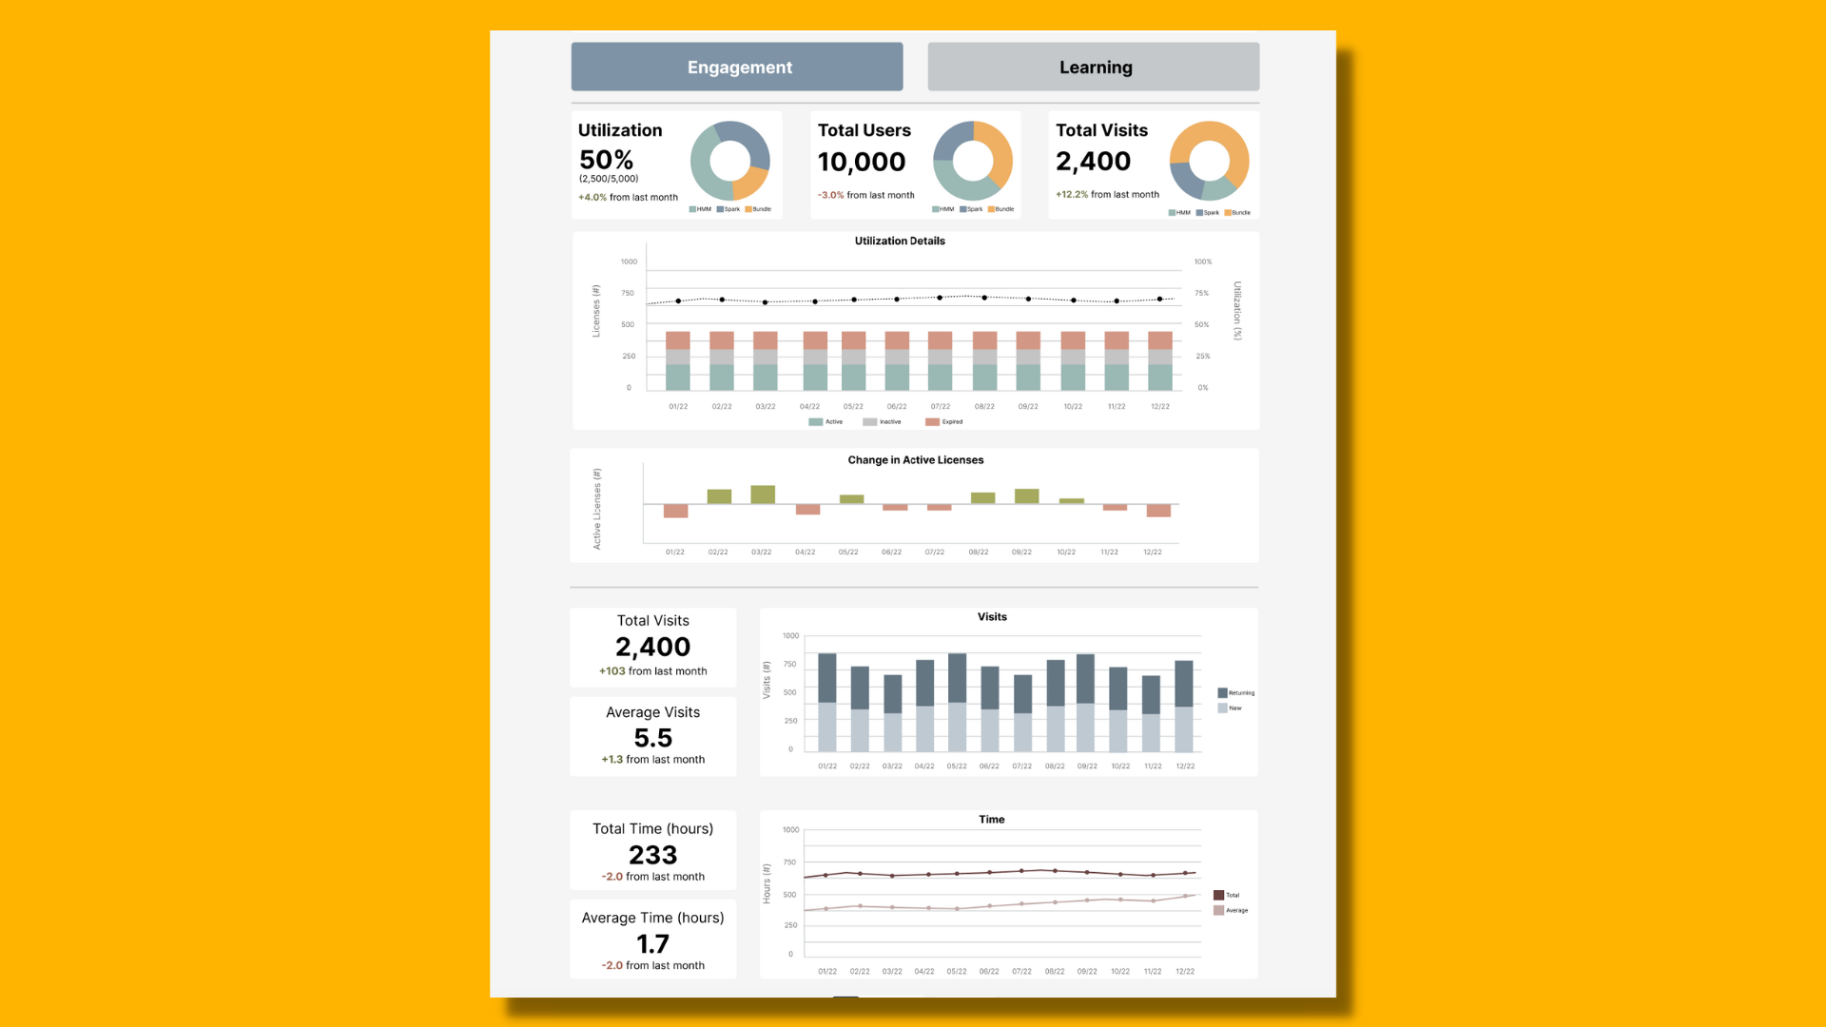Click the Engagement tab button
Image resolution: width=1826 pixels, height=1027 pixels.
(737, 67)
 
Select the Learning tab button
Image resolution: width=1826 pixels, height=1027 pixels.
(1094, 67)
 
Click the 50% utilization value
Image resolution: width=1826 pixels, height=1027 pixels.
(606, 160)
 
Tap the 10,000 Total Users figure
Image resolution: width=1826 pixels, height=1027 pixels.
(862, 162)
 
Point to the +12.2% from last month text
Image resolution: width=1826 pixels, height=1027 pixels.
(1107, 194)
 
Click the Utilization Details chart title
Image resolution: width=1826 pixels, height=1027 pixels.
(900, 241)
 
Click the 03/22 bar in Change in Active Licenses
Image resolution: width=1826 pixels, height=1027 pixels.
(763, 494)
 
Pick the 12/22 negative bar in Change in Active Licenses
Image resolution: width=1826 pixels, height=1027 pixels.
(1158, 511)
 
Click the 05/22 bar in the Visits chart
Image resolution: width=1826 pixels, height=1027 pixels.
(958, 702)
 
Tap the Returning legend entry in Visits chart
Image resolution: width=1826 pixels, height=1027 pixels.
(1235, 692)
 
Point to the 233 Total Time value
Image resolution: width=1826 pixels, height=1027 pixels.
(652, 855)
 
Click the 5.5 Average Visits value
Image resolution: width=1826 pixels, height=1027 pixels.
(652, 738)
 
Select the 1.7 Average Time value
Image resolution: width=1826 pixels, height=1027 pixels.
(652, 943)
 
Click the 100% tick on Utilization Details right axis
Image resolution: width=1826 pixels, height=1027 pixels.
(1203, 262)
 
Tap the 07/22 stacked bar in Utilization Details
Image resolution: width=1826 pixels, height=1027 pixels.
(941, 361)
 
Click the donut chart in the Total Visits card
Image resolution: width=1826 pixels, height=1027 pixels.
(1209, 160)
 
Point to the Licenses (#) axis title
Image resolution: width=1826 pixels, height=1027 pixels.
(596, 311)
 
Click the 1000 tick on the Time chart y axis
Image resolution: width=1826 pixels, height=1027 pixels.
(790, 830)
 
